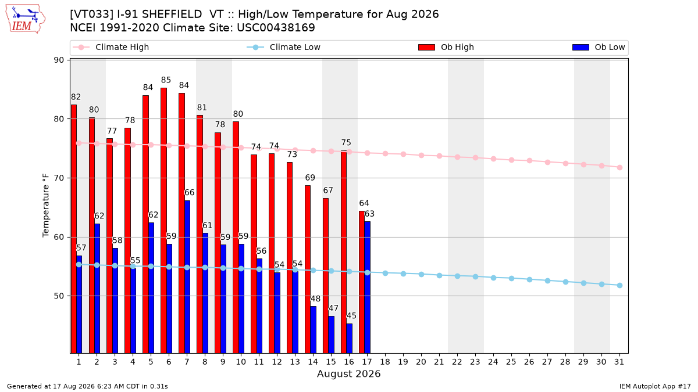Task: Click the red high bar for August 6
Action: click(x=163, y=221)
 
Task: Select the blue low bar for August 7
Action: click(x=187, y=277)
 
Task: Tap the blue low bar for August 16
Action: click(x=350, y=339)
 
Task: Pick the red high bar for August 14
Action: click(x=308, y=269)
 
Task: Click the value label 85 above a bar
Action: click(x=166, y=80)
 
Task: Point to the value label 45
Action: click(x=351, y=316)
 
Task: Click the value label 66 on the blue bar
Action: click(x=189, y=193)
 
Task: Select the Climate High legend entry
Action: click(x=111, y=47)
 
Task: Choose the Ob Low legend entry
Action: click(x=599, y=47)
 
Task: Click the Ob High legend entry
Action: click(x=446, y=47)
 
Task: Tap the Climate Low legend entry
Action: click(x=283, y=47)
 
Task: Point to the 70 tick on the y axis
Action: click(x=59, y=178)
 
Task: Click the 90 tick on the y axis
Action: click(x=59, y=60)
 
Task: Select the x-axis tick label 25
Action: click(x=511, y=362)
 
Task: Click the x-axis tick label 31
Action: click(x=619, y=362)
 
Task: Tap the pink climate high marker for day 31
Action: click(x=619, y=167)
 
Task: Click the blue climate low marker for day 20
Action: click(x=421, y=274)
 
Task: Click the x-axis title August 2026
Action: click(x=348, y=373)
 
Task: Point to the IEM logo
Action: click(x=26, y=19)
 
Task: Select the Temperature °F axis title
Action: click(x=46, y=206)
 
